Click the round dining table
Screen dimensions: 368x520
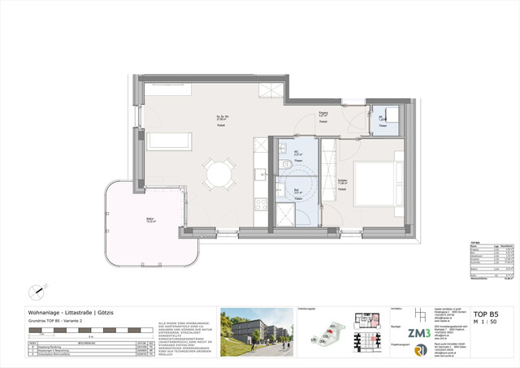217,173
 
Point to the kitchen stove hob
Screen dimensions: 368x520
261,200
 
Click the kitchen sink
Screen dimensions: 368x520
260,174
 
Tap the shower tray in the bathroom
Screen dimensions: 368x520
287,215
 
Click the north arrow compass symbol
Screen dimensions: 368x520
36,291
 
